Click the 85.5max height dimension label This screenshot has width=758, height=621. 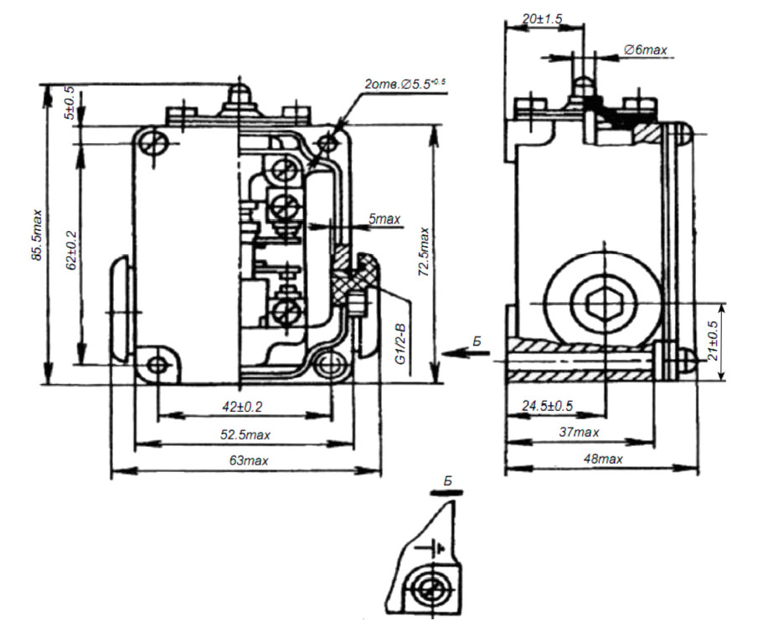37,236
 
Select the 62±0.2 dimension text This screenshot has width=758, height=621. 71,249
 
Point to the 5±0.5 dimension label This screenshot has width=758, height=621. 70,103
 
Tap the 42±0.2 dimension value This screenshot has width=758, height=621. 242,407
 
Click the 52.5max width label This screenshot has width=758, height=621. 245,434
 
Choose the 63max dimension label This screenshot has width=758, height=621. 249,460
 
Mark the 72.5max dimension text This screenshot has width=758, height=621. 424,252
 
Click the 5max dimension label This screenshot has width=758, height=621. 384,219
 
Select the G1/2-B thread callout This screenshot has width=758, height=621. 400,344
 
